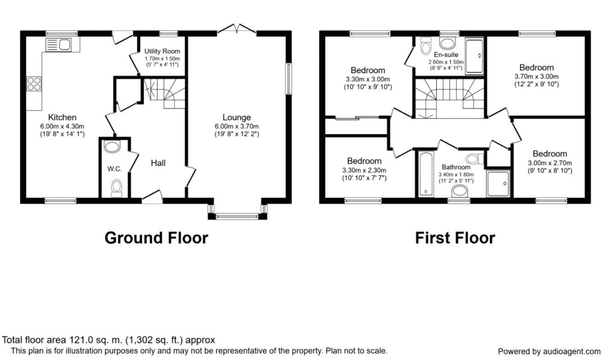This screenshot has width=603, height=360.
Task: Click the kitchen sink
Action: tap(58, 45)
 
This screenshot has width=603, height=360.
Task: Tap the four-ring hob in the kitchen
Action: tap(33, 83)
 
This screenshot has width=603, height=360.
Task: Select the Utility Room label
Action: tap(162, 51)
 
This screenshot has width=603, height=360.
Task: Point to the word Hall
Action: tap(158, 163)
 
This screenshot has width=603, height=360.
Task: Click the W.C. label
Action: tap(114, 169)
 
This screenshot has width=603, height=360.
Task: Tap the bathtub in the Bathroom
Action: tap(425, 174)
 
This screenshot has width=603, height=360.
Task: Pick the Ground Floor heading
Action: tap(156, 238)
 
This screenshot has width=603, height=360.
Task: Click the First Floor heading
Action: tap(455, 238)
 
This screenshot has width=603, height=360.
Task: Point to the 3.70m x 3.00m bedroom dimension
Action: tap(537, 76)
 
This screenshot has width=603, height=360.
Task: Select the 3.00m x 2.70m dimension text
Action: tap(550, 163)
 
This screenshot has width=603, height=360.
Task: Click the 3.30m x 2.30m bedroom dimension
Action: tap(364, 170)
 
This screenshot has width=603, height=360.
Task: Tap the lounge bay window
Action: tap(237, 215)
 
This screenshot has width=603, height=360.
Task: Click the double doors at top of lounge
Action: tap(236, 29)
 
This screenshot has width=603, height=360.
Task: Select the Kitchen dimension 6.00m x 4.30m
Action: tap(62, 126)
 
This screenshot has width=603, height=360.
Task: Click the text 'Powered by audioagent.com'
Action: tap(549, 351)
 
